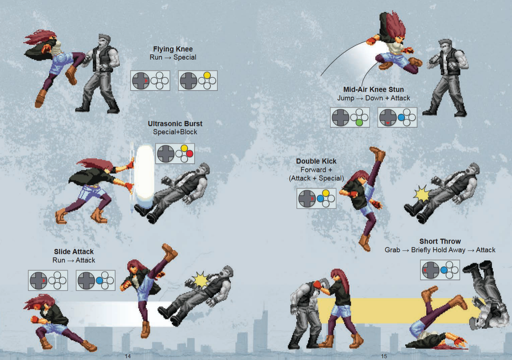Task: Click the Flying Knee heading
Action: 173,49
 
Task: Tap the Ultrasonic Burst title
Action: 175,124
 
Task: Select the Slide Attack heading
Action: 74,251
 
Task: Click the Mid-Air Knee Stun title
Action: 373,89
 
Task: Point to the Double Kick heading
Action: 316,161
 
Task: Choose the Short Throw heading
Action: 440,241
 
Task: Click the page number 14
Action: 128,356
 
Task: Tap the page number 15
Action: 384,356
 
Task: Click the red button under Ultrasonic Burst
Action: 190,154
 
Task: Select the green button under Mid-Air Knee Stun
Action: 359,123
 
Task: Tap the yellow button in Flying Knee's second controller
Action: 207,75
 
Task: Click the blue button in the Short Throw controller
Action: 444,270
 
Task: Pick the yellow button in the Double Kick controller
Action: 326,193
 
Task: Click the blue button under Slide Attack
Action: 99,280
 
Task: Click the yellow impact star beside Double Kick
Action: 422,195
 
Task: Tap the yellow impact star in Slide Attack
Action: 201,279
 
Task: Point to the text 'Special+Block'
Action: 175,132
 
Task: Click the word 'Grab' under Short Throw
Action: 392,250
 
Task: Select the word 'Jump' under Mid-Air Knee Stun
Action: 346,98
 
